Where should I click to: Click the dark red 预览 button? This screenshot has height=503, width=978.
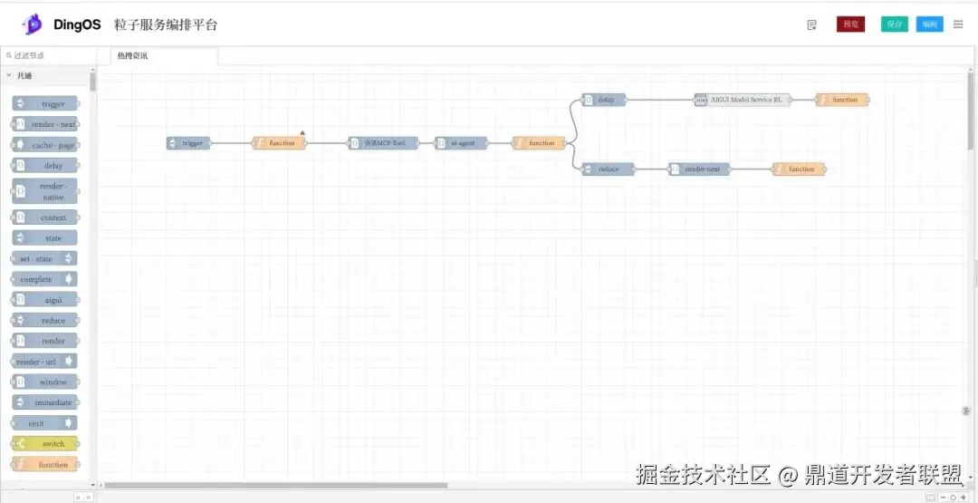pos(850,24)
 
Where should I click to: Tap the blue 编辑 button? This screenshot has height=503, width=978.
pos(929,24)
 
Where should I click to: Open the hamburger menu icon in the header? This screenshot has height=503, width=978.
pos(958,24)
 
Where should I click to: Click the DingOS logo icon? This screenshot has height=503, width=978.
pos(33,24)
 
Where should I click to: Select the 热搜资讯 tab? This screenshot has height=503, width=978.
pos(132,56)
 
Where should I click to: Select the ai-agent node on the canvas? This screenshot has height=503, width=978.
pos(462,143)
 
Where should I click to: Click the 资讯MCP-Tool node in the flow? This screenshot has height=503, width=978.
pos(384,143)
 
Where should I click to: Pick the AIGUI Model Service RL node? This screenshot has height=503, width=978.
pos(743,100)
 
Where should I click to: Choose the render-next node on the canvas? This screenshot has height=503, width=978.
pos(700,169)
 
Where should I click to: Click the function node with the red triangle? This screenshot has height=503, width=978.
pos(279,143)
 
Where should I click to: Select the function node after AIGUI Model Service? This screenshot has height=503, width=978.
pos(842,100)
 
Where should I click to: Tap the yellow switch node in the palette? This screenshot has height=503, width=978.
pos(45,444)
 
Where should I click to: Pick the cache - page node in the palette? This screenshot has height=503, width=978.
pos(45,145)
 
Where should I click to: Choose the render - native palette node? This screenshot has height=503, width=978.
pos(45,191)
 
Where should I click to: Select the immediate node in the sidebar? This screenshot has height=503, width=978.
pos(45,402)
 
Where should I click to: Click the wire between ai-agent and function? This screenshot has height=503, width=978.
pos(500,143)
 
